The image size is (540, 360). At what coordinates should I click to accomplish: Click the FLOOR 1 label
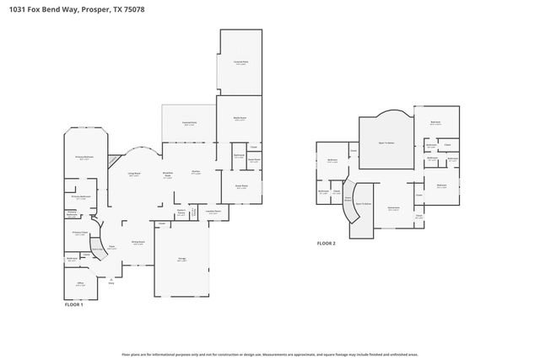74,304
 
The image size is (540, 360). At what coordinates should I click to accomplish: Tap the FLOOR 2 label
327,243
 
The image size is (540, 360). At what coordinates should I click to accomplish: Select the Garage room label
181,260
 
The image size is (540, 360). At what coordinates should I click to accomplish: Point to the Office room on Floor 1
80,284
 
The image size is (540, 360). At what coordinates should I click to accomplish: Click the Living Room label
133,175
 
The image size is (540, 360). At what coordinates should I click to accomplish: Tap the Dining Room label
138,243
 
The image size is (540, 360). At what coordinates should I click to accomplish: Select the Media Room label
239,119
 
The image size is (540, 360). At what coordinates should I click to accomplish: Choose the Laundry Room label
213,212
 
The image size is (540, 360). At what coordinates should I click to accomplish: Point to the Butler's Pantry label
181,212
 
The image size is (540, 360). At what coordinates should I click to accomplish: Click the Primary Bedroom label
83,158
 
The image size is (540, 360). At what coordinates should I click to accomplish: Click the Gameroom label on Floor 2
393,208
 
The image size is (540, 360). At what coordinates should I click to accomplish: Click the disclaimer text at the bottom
269,355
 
